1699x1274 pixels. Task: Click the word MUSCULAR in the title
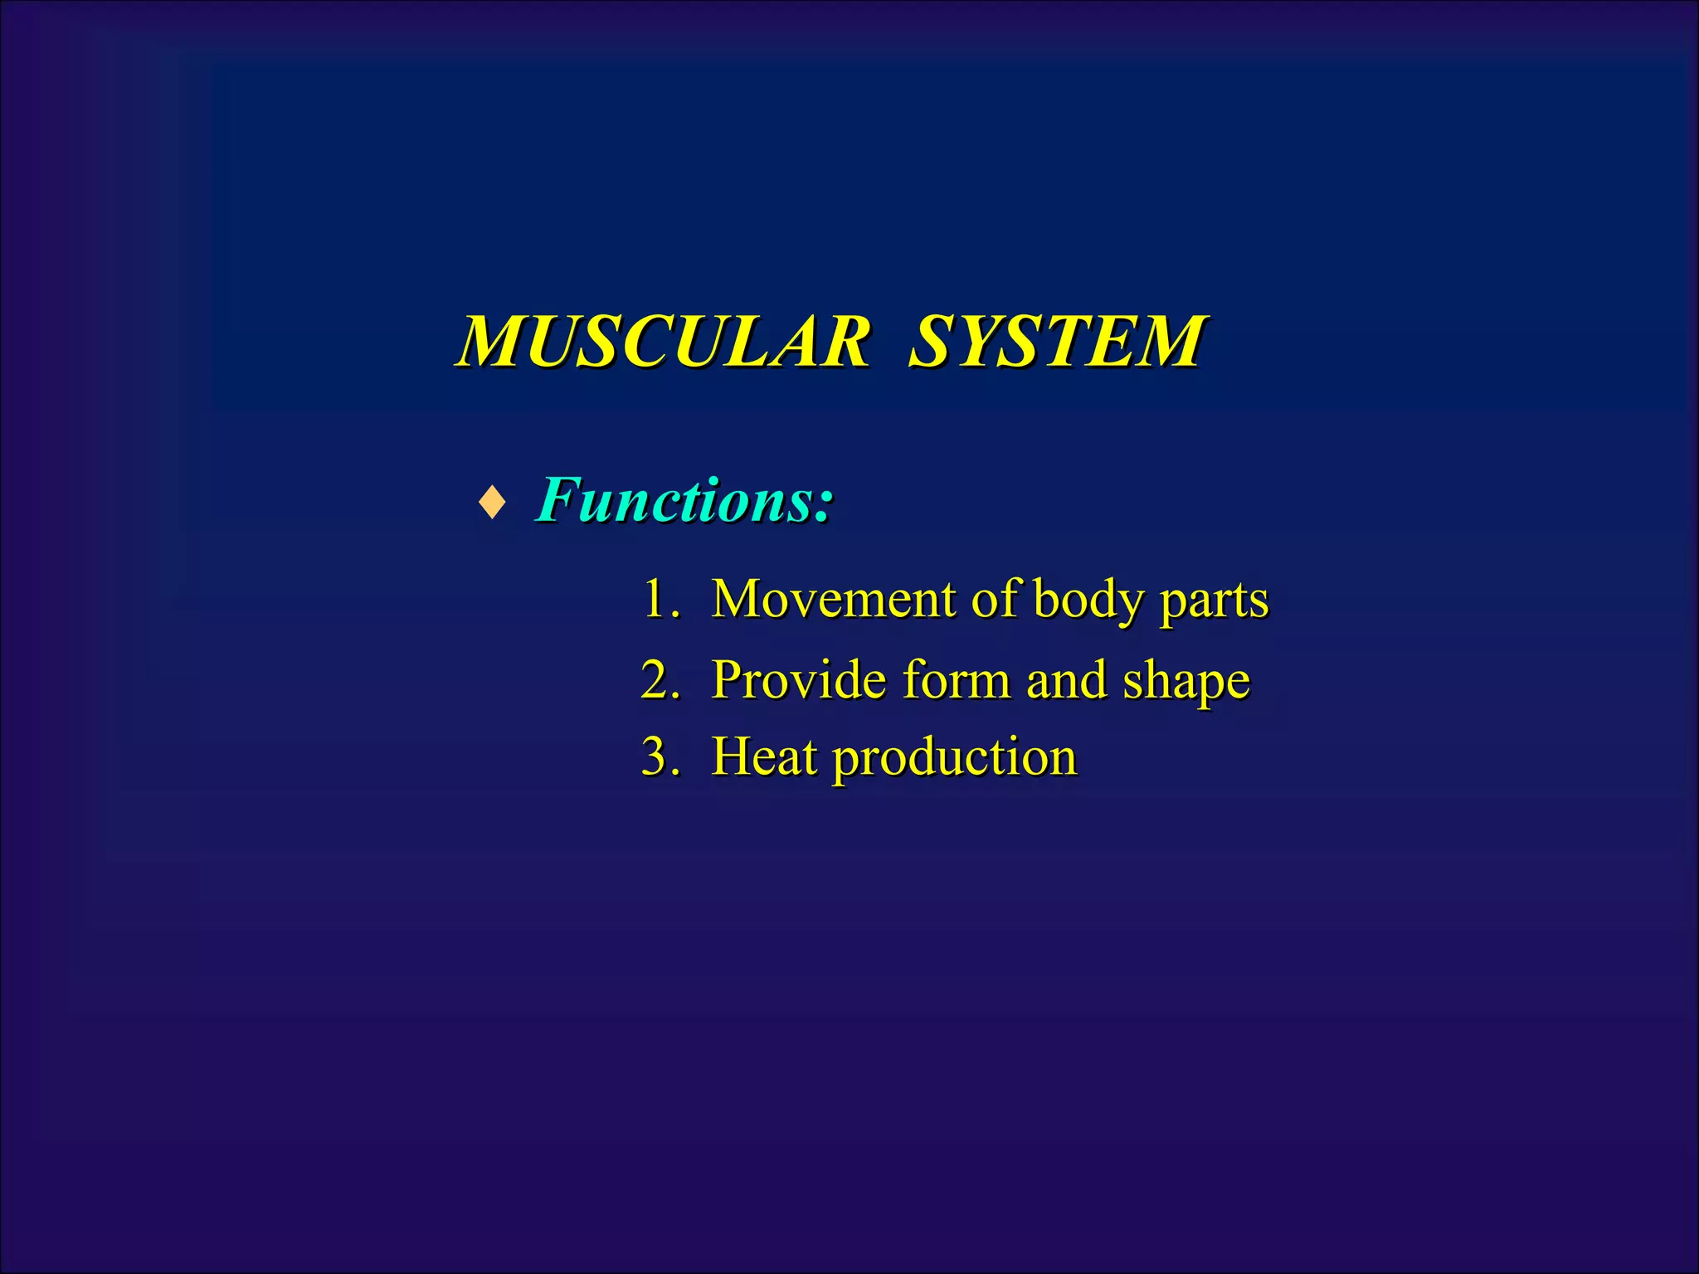664,341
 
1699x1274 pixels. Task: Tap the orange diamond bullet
493,503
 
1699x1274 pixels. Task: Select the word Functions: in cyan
684,500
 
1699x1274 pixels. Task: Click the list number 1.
657,598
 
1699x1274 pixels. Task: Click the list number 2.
657,679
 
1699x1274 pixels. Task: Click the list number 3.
657,756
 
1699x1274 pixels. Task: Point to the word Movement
834,598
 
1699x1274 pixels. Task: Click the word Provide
799,679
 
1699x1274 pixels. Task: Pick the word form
955,679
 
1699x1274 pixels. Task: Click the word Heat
764,756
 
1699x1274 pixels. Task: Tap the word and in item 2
1066,679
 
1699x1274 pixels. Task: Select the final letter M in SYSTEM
1166,341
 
